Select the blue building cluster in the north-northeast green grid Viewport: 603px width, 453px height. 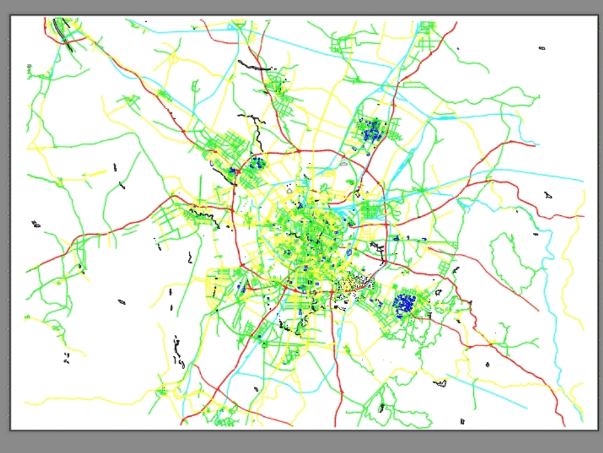coord(370,129)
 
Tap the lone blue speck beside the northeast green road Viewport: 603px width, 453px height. coord(458,48)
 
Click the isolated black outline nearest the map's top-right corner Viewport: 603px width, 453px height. coord(541,48)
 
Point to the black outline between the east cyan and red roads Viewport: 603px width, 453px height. coord(548,195)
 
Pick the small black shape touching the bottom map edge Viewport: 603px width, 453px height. coord(463,421)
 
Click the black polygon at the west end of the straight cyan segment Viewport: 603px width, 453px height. coord(441,382)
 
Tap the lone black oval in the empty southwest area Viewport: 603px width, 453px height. coord(122,302)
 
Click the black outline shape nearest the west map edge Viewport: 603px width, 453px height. coord(36,224)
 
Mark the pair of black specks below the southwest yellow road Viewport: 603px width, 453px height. coord(66,358)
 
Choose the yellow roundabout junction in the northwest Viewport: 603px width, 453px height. coord(173,59)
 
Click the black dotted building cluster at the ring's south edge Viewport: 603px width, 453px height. coord(356,284)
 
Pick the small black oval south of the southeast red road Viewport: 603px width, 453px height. coord(487,364)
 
